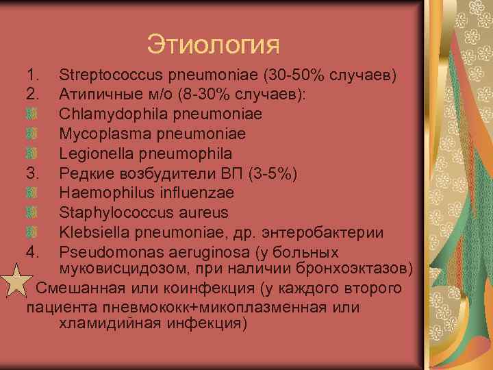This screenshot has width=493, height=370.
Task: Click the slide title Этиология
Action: [213, 45]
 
